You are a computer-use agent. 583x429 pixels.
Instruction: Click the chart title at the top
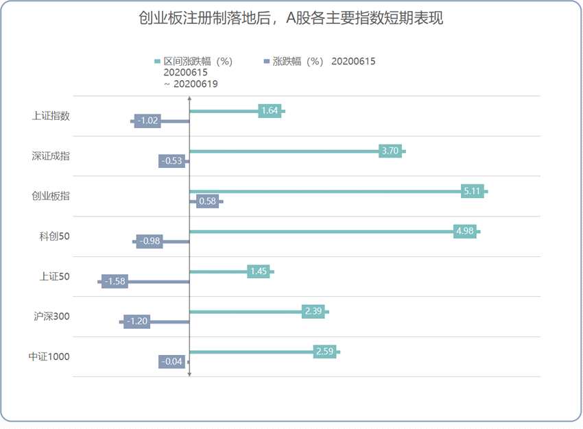point(291,19)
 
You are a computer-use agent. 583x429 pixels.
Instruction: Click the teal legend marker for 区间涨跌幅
point(157,62)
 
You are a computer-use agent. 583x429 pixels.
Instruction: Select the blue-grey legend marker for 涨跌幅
point(266,62)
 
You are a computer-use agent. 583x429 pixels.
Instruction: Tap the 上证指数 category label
point(51,116)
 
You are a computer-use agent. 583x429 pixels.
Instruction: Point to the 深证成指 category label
point(51,156)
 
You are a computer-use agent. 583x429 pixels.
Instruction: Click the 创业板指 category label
point(51,196)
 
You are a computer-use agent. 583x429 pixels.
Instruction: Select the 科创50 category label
point(55,236)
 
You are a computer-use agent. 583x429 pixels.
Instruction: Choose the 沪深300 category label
point(51,317)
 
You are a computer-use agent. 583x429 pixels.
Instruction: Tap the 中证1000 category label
point(49,356)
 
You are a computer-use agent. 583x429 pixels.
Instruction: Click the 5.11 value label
point(472,191)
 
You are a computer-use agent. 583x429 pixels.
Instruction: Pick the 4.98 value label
point(465,231)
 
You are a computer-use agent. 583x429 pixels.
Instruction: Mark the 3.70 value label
point(390,151)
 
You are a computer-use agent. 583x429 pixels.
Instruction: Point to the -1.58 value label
point(115,281)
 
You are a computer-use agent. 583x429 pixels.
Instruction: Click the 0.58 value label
point(206,201)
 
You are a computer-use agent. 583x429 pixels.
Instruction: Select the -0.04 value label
point(171,361)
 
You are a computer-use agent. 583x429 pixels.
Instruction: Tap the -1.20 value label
point(136,321)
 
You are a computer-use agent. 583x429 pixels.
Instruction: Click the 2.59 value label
point(324,352)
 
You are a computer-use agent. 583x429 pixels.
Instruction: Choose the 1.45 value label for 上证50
point(259,271)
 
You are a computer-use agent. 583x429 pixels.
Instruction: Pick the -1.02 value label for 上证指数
point(147,121)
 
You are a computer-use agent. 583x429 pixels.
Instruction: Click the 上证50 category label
point(55,277)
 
